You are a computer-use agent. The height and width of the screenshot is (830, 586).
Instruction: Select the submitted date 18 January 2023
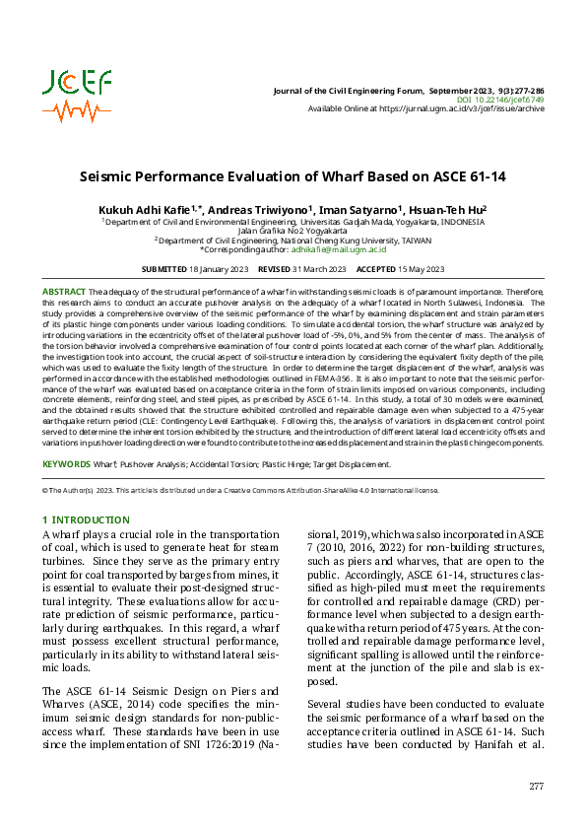click(218, 269)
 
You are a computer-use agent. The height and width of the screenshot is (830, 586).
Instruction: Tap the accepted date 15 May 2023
click(422, 269)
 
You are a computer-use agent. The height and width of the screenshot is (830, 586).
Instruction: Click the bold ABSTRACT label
click(64, 293)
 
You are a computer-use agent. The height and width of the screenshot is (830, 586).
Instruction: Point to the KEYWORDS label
click(66, 463)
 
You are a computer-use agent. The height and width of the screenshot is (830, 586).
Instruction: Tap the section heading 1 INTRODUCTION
click(86, 519)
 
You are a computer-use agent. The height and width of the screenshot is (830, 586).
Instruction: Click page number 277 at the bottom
click(536, 786)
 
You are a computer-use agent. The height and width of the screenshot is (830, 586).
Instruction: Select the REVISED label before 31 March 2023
click(273, 269)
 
